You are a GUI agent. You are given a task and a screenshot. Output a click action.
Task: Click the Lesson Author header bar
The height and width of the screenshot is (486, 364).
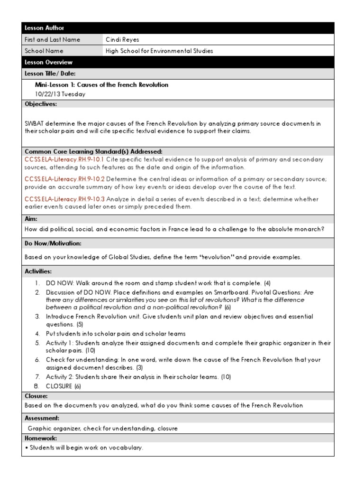click(x=178, y=28)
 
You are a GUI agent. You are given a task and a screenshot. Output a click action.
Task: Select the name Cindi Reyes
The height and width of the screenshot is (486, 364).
click(x=123, y=39)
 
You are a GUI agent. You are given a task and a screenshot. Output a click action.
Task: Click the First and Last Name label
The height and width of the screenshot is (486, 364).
click(x=53, y=39)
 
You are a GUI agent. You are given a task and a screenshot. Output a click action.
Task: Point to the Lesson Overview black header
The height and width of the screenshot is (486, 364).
click(x=178, y=62)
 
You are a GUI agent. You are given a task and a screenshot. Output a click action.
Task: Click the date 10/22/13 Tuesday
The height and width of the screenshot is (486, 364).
click(x=60, y=94)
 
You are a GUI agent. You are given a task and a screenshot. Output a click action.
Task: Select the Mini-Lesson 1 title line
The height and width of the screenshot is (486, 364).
click(x=101, y=85)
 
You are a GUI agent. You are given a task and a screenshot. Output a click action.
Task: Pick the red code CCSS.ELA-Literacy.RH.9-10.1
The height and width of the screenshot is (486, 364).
click(x=64, y=159)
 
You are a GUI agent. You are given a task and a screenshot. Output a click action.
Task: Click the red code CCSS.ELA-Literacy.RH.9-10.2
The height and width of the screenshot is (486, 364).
click(x=65, y=179)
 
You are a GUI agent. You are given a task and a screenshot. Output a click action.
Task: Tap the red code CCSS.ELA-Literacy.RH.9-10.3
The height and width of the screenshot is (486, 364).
click(x=65, y=199)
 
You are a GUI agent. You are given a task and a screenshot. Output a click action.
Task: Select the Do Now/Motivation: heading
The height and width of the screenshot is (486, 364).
click(x=53, y=243)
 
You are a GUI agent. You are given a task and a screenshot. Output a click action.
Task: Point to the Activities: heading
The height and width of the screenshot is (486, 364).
click(x=38, y=271)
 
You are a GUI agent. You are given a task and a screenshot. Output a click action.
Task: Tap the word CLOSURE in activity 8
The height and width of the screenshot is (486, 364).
click(x=59, y=386)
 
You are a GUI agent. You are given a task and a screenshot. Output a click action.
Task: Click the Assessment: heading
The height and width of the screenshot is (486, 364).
click(x=42, y=419)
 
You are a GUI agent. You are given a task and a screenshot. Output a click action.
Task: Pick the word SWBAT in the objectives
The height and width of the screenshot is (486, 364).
click(x=34, y=123)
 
